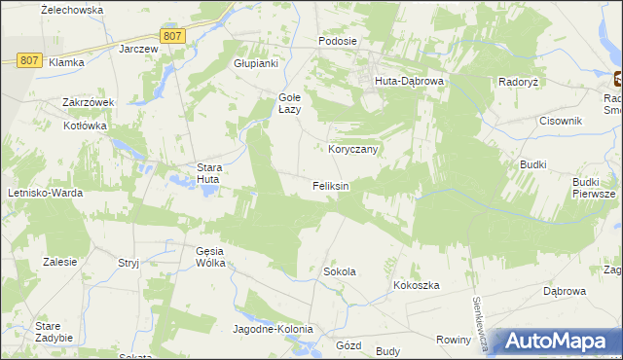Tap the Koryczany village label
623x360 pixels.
[352, 149]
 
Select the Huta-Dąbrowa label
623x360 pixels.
[410, 82]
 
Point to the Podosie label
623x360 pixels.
[339, 42]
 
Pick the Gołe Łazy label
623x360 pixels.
[291, 103]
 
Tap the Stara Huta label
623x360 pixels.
[209, 173]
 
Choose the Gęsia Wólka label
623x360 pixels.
[210, 257]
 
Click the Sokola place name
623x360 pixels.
[340, 271]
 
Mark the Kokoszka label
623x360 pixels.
[418, 285]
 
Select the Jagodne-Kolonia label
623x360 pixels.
[274, 329]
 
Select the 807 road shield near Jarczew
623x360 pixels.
[172, 36]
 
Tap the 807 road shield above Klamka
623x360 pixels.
[29, 60]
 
